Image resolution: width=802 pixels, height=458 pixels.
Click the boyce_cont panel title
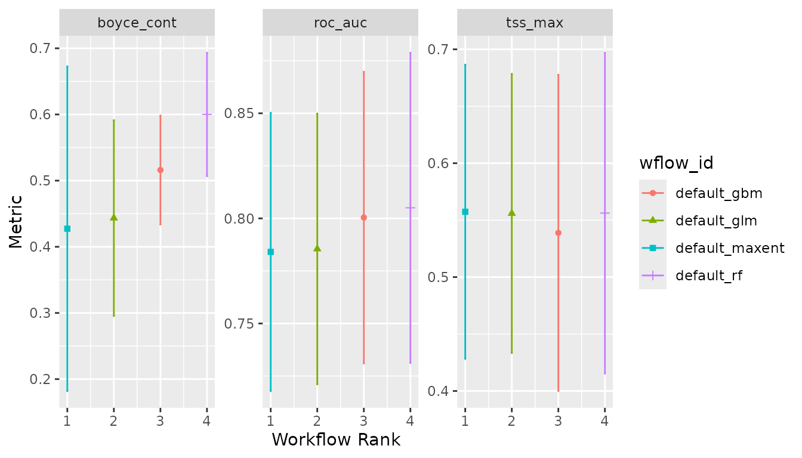pos(137,23)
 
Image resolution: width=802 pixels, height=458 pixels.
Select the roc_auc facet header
pos(340,23)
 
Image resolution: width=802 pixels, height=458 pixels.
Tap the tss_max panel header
pos(535,23)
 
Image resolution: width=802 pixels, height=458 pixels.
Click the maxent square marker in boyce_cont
pos(67,229)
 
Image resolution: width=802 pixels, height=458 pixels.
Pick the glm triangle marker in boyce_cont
pos(114,218)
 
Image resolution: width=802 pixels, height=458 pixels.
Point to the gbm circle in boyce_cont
pos(161,170)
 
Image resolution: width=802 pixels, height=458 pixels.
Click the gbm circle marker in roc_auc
pos(363,218)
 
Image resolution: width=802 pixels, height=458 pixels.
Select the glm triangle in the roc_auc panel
pos(317,248)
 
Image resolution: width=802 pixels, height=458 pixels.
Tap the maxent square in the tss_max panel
pos(465,212)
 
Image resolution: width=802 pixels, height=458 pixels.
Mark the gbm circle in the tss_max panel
pos(558,233)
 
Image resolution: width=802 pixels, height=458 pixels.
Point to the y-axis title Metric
pos(16,221)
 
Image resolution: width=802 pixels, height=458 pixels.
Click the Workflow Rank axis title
pos(336,440)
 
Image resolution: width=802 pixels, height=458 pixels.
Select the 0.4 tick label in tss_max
pos(440,391)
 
